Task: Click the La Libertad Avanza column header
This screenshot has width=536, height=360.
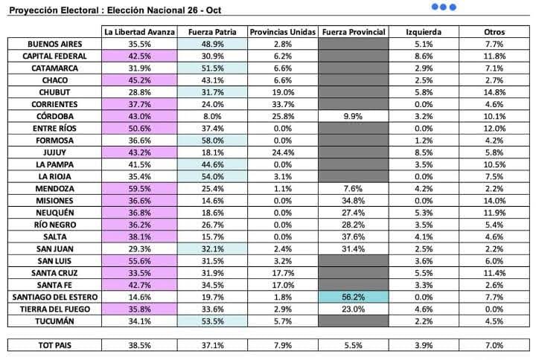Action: [139, 33]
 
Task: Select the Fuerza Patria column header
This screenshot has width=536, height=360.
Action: [211, 33]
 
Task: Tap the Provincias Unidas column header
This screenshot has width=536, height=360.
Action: [281, 33]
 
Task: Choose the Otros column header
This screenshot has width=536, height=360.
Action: [494, 33]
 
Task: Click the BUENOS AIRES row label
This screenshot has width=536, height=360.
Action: [54, 45]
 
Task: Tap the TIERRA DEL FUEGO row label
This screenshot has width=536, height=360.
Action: [54, 309]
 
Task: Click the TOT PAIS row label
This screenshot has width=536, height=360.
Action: [54, 346]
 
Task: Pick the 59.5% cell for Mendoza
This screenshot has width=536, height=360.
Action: [139, 189]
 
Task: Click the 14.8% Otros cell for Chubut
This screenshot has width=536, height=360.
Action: [494, 92]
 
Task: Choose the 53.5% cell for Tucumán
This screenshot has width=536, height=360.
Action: [211, 321]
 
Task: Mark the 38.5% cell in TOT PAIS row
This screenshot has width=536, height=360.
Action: [139, 346]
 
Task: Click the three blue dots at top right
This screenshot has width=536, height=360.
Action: [444, 7]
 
